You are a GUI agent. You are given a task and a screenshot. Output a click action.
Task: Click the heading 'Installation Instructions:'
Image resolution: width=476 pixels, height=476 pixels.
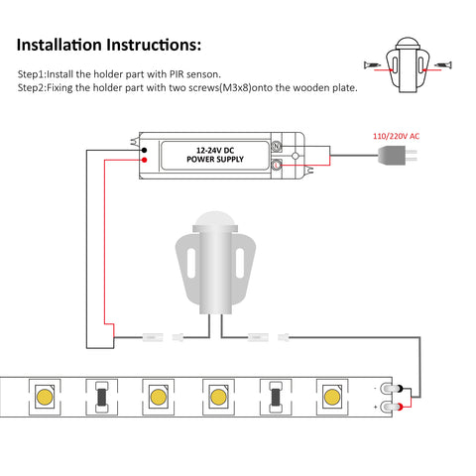(x=109, y=45)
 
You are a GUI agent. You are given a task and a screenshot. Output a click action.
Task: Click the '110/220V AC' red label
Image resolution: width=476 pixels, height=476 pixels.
(x=396, y=136)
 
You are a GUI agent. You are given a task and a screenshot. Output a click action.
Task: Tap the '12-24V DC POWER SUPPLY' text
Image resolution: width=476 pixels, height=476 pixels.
(x=215, y=155)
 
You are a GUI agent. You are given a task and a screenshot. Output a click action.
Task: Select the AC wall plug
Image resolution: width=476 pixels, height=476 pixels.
(x=397, y=156)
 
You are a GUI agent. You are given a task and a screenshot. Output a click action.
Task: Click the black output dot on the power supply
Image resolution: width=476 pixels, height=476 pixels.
(x=144, y=150)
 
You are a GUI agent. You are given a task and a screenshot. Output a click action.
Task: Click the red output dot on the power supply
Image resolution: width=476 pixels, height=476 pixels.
(x=144, y=160)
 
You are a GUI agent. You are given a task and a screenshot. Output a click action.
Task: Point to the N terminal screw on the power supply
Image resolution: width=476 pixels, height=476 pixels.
(x=277, y=146)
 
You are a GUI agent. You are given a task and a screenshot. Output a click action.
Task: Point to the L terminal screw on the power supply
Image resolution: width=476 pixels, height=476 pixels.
(x=277, y=165)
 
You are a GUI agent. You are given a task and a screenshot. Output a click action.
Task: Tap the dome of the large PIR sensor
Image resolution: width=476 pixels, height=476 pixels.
(x=215, y=218)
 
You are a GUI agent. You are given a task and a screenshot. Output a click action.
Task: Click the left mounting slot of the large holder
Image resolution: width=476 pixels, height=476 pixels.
(x=191, y=263)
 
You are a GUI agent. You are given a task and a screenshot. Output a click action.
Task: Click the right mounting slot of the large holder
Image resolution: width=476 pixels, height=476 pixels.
(x=240, y=263)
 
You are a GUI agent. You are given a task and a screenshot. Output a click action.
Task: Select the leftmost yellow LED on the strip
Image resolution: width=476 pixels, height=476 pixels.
(x=45, y=397)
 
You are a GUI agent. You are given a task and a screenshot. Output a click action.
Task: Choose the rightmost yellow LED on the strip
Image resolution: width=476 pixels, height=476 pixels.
(x=332, y=397)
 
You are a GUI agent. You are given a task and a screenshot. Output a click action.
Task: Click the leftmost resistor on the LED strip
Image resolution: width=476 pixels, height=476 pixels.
(x=101, y=397)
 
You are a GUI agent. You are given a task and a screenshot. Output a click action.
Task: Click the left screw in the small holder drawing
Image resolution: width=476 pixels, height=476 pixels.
(x=372, y=64)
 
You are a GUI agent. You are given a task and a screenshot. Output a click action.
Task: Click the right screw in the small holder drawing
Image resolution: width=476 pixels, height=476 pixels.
(x=443, y=64)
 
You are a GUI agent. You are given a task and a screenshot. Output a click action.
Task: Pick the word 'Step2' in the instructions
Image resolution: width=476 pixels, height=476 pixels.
(x=31, y=88)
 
